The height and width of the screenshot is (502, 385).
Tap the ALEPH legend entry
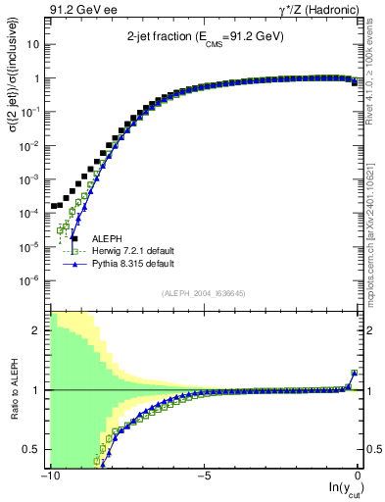tap(107, 238)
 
